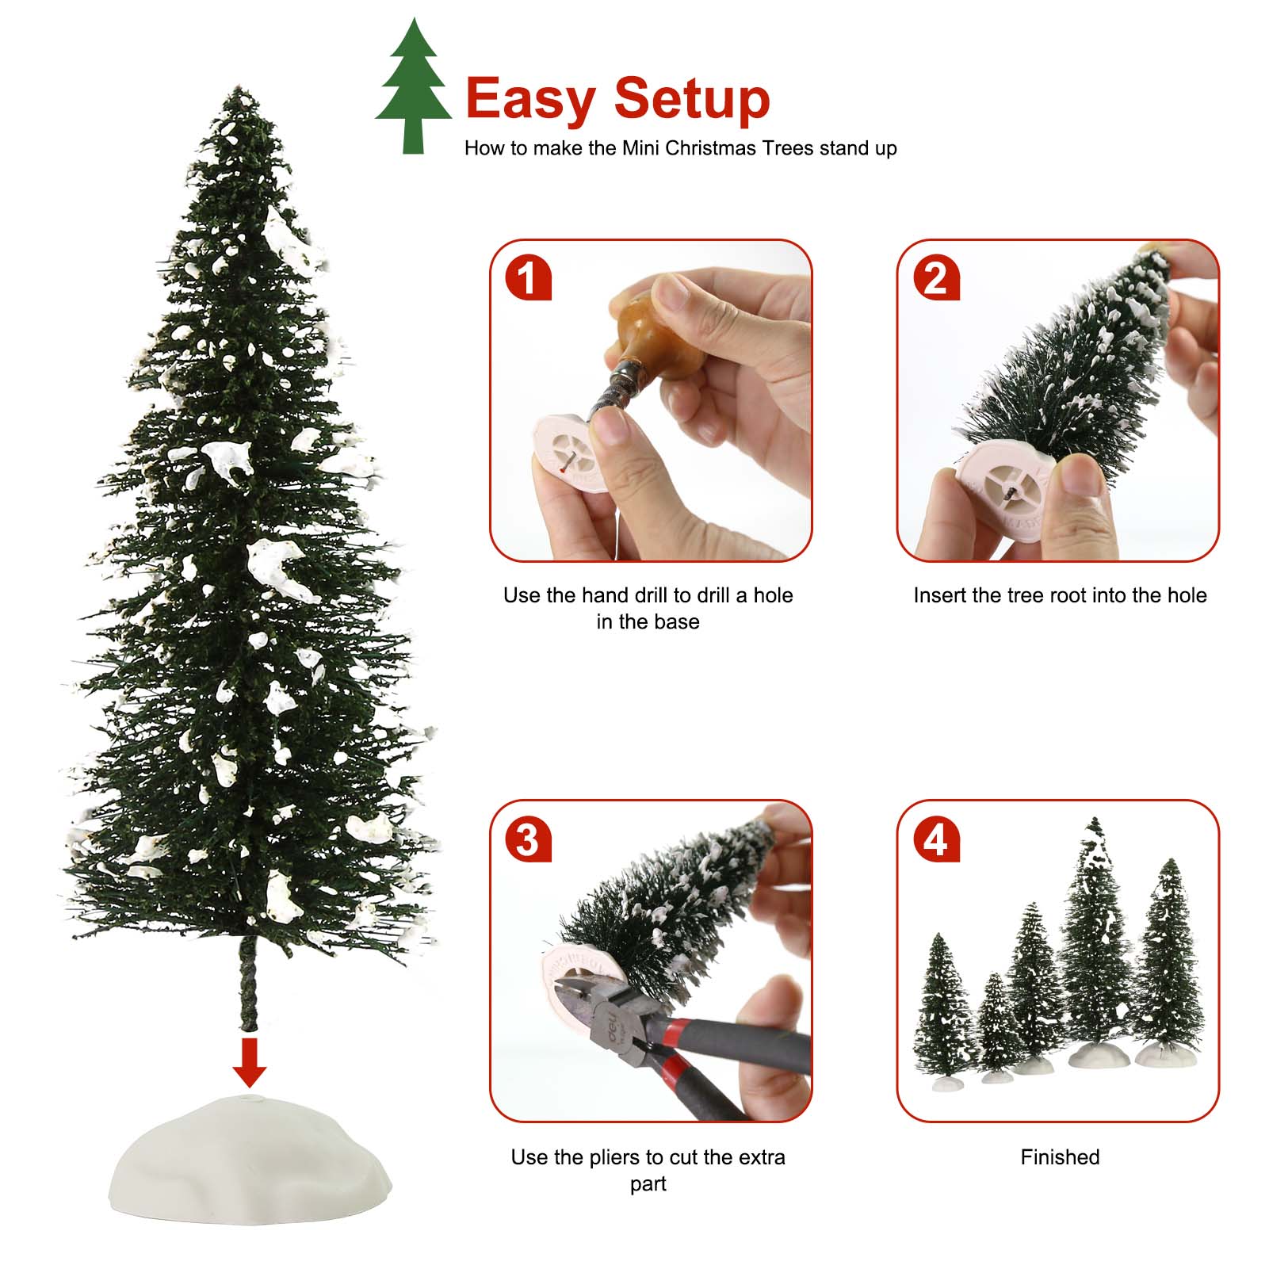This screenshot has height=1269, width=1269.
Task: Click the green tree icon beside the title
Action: (x=413, y=87)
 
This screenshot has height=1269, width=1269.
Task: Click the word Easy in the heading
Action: (x=529, y=99)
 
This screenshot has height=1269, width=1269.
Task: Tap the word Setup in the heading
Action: (x=691, y=99)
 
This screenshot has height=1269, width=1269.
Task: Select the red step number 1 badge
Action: (x=528, y=278)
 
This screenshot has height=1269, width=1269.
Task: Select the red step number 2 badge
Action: (x=935, y=278)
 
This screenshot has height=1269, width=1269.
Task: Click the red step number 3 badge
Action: (x=528, y=839)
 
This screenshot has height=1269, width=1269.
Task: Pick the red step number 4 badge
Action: (x=935, y=839)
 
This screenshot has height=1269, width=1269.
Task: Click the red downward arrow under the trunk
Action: (x=250, y=1062)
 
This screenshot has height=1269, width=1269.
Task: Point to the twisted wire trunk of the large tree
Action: (x=249, y=983)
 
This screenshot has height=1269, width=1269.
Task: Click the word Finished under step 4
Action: (x=1060, y=1157)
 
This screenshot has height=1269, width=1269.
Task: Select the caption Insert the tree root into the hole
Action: (x=1060, y=595)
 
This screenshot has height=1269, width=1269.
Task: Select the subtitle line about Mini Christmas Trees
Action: (x=680, y=148)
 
